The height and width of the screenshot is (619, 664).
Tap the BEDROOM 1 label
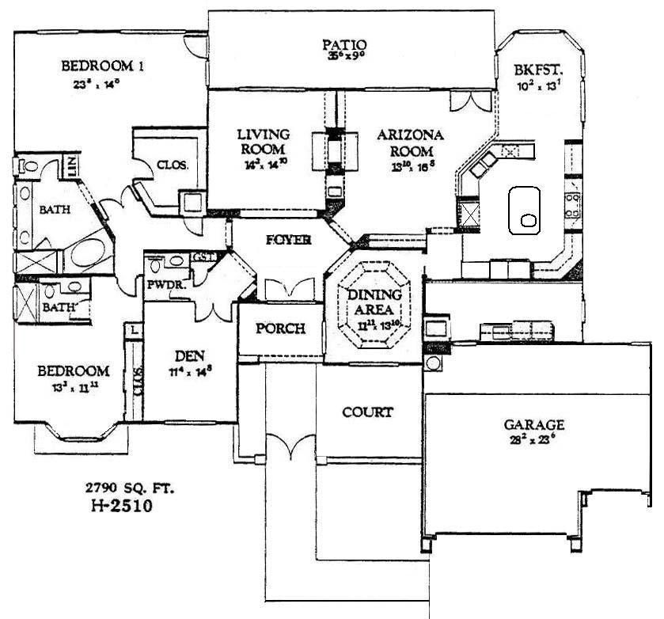(102, 66)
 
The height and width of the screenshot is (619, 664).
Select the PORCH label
(279, 328)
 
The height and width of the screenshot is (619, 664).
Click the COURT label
(367, 412)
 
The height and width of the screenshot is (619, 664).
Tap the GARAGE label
(536, 424)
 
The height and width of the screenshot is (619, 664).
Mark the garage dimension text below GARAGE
(536, 439)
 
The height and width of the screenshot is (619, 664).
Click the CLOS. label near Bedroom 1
(172, 165)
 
